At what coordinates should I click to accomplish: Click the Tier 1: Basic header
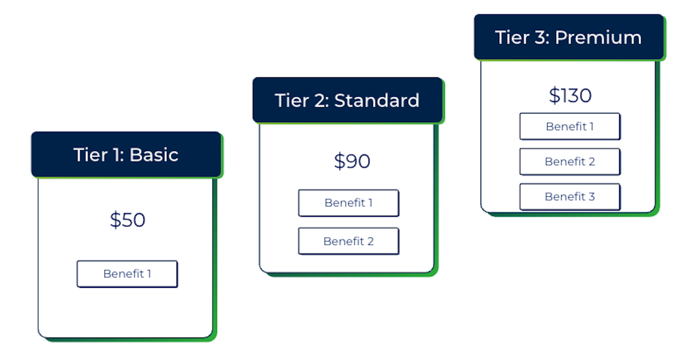(x=126, y=155)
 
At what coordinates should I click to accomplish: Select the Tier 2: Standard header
(x=347, y=100)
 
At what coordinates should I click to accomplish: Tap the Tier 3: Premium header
(x=569, y=38)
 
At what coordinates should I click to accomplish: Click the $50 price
(x=127, y=220)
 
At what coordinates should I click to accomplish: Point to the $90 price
(x=352, y=162)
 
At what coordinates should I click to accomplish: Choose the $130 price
(x=570, y=95)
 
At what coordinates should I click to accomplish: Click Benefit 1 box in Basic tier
(x=127, y=274)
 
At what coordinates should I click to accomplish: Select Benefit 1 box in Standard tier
(x=349, y=203)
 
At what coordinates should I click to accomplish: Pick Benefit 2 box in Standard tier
(x=349, y=241)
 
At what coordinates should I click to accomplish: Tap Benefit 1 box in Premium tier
(x=570, y=127)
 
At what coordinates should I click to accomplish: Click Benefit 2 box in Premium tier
(x=570, y=162)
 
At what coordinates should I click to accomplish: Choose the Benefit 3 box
(x=570, y=197)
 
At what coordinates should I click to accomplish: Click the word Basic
(x=154, y=155)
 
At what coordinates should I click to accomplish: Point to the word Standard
(x=377, y=100)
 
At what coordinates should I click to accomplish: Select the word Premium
(x=599, y=38)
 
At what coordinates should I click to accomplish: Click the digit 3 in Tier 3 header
(x=540, y=38)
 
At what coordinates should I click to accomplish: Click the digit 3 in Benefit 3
(x=591, y=197)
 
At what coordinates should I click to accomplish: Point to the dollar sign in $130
(x=554, y=95)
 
